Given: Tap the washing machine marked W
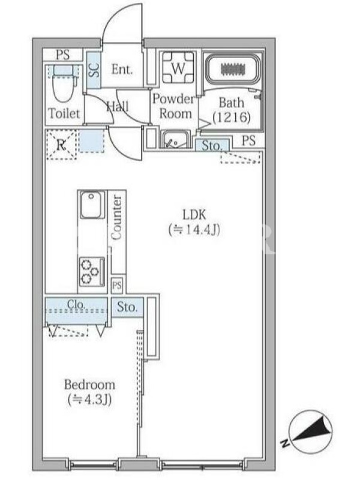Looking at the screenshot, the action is point(178,68).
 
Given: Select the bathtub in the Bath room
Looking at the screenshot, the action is point(233,69).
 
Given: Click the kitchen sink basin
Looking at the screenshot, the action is point(92,205).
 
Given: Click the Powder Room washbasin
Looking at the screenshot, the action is point(175,140).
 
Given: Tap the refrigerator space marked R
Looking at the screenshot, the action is point(61,145).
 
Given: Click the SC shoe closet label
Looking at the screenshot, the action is point(94,70).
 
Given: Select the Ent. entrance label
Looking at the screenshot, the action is point(122,69).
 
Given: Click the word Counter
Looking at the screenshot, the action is point(116,217).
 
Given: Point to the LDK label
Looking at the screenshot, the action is point(194,215).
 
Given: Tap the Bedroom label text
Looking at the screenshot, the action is point(89,385).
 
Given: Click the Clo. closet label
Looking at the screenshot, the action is point(76,304).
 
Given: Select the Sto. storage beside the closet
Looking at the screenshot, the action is point(127,307).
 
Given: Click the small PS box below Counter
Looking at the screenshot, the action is point(116,286).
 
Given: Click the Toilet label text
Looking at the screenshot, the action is point(64,113).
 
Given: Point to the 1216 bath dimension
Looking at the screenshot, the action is point(232,117).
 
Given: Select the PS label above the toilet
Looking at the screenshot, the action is point(63,55).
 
